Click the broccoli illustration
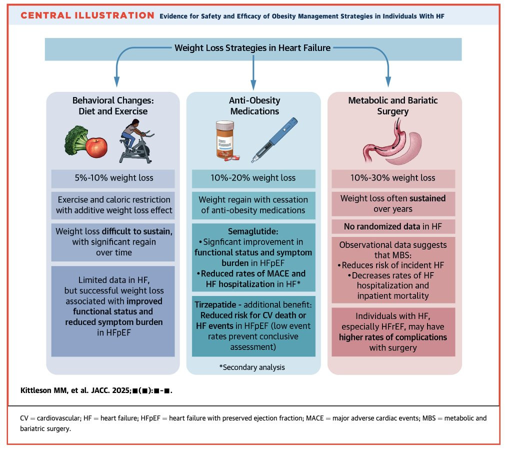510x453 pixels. point(75,140)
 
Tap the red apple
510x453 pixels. point(96,146)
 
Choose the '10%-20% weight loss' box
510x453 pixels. point(253,178)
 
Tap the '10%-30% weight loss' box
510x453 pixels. point(394,178)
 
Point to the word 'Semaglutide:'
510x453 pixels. point(253,232)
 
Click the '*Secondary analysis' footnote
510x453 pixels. point(252,367)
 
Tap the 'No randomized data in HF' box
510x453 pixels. point(394,226)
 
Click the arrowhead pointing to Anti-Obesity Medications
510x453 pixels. point(253,81)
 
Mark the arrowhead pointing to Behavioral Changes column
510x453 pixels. point(116,81)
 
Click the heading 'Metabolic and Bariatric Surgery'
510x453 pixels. point(394,105)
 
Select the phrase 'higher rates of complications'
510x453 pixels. point(394,337)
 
